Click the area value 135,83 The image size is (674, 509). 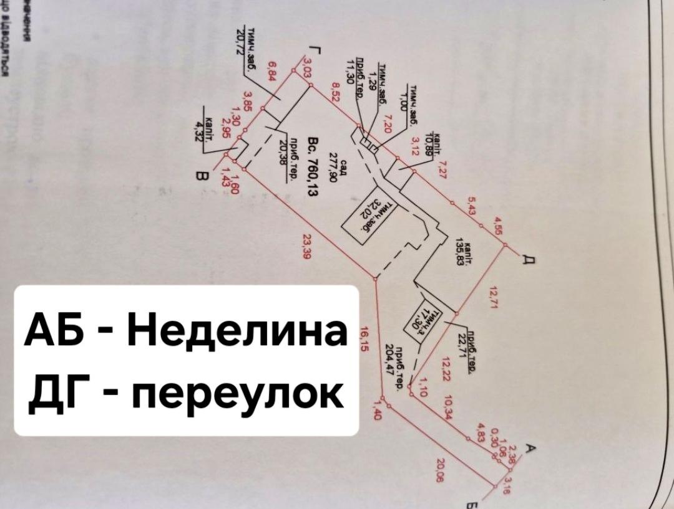[x=462, y=252]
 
